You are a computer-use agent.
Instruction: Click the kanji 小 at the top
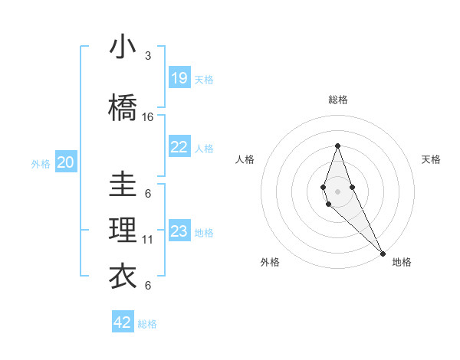pyautogui.click(x=123, y=48)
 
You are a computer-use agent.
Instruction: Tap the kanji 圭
pyautogui.click(x=123, y=185)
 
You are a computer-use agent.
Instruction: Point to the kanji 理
pyautogui.click(x=123, y=231)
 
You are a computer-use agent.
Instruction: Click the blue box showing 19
pyautogui.click(x=179, y=78)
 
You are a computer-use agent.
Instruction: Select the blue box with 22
pyautogui.click(x=179, y=147)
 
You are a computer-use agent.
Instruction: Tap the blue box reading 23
pyautogui.click(x=179, y=231)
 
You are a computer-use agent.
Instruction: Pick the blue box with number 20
pyautogui.click(x=66, y=162)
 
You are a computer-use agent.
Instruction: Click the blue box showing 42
pyautogui.click(x=123, y=322)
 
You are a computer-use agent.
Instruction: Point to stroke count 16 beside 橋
pyautogui.click(x=148, y=117)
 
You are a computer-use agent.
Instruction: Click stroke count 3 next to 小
pyautogui.click(x=148, y=56)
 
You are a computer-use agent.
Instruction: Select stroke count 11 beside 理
pyautogui.click(x=148, y=240)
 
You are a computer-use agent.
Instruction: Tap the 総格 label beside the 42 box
pyautogui.click(x=147, y=324)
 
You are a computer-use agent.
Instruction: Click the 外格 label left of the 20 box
pyautogui.click(x=41, y=163)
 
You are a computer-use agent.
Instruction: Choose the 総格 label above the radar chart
pyautogui.click(x=337, y=100)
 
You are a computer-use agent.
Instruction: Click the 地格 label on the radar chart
pyautogui.click(x=402, y=262)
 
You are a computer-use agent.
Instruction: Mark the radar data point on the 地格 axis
pyautogui.click(x=383, y=252)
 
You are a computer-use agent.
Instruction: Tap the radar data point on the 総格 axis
pyautogui.click(x=337, y=146)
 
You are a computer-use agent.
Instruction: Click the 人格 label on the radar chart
pyautogui.click(x=245, y=159)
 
